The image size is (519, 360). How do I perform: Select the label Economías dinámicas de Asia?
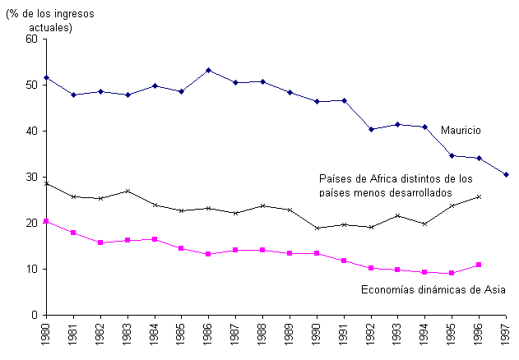coord(433,289)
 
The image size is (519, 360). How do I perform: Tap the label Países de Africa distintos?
coord(396,185)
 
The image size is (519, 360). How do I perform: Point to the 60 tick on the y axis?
coord(32,39)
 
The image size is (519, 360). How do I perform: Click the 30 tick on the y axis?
coord(32,177)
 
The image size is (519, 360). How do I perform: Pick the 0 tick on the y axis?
coord(35,315)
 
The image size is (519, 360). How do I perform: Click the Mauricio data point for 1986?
coord(209,70)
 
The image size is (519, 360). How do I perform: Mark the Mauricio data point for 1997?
coord(507,174)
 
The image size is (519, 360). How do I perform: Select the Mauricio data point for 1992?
coord(372,129)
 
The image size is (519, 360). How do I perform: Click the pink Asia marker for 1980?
coord(46,221)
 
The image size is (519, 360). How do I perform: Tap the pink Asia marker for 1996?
coord(480,265)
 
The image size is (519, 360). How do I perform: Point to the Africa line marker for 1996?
coord(480,196)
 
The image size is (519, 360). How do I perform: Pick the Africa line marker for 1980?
coord(46,183)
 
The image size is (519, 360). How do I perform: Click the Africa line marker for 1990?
coord(317,228)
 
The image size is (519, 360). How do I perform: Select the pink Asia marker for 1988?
coord(263,250)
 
